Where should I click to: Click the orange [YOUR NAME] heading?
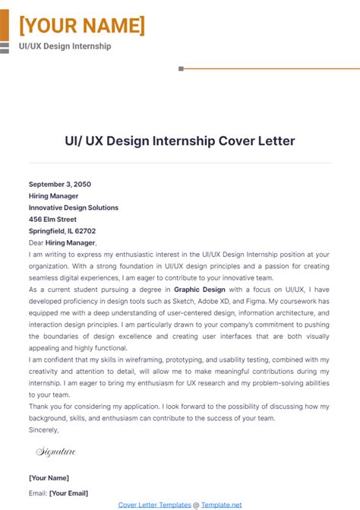tap(81, 26)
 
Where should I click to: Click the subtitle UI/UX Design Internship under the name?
tap(65, 46)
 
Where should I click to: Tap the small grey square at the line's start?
tap(181, 68)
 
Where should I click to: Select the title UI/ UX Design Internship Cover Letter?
tap(180, 141)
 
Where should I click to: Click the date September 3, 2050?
tap(59, 184)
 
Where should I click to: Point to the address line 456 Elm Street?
tap(53, 219)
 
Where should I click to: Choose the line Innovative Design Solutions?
tap(74, 207)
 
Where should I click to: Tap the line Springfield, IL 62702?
tap(62, 231)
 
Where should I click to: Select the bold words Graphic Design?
tap(200, 290)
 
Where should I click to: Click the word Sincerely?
tap(43, 429)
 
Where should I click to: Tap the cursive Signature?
tap(55, 452)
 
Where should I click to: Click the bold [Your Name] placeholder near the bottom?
tap(49, 477)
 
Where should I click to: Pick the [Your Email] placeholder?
tap(68, 493)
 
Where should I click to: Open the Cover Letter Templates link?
tap(153, 504)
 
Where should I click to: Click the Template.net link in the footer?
tap(221, 504)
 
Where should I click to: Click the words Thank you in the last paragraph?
tap(45, 407)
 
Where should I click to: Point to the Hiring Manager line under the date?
tap(53, 195)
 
